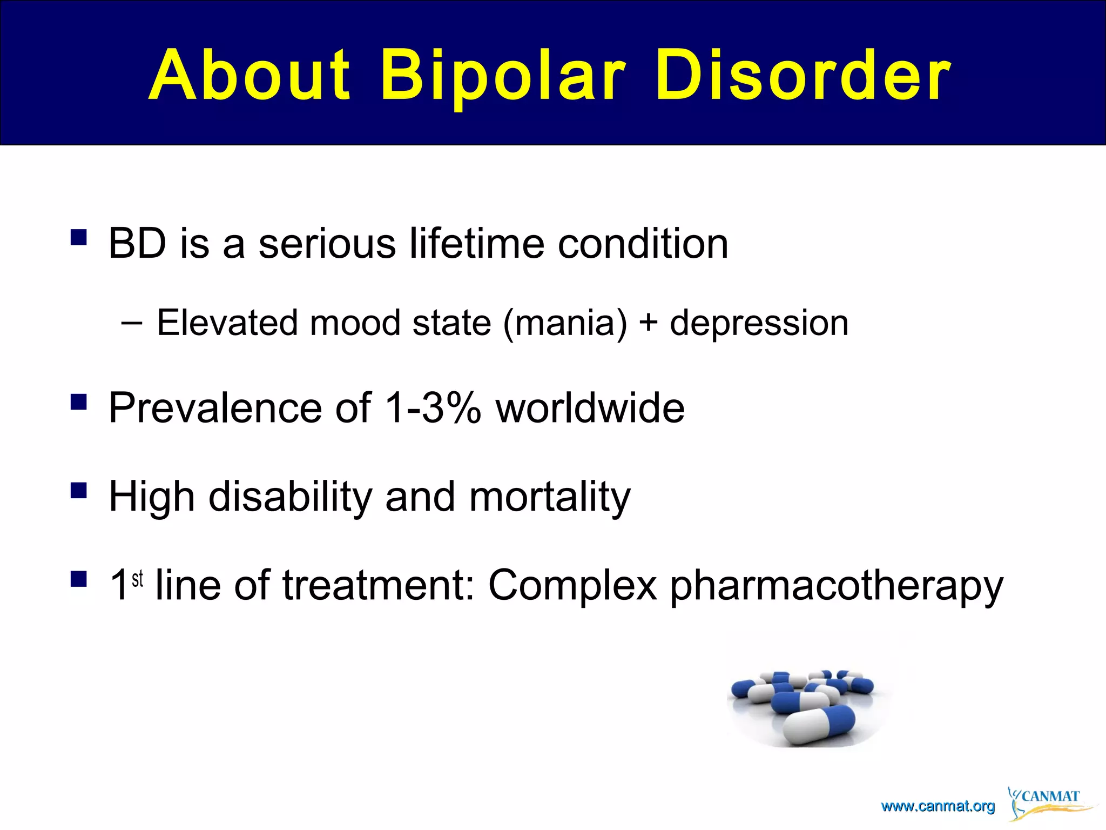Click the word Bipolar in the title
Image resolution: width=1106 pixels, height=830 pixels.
click(x=502, y=76)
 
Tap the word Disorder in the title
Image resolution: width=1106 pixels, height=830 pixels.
click(x=803, y=76)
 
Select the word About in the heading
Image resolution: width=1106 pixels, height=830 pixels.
click(x=249, y=76)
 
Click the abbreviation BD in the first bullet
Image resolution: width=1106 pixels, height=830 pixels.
click(x=137, y=244)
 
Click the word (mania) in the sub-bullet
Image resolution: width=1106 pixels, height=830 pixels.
click(x=565, y=323)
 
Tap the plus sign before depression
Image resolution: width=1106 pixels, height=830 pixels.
click(x=648, y=323)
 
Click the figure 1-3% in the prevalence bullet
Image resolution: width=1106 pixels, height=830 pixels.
click(x=432, y=407)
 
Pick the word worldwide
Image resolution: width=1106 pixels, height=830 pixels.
click(x=590, y=407)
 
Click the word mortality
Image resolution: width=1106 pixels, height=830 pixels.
click(x=549, y=497)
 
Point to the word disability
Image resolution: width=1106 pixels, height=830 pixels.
click(x=290, y=497)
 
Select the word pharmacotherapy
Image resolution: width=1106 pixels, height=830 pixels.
click(x=836, y=586)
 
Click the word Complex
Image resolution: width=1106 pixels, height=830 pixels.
click(x=572, y=586)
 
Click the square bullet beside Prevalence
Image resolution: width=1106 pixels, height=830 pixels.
click(x=78, y=402)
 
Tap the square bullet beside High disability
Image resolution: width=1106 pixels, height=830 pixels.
click(x=78, y=491)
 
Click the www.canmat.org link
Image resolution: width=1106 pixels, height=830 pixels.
click(x=938, y=807)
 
